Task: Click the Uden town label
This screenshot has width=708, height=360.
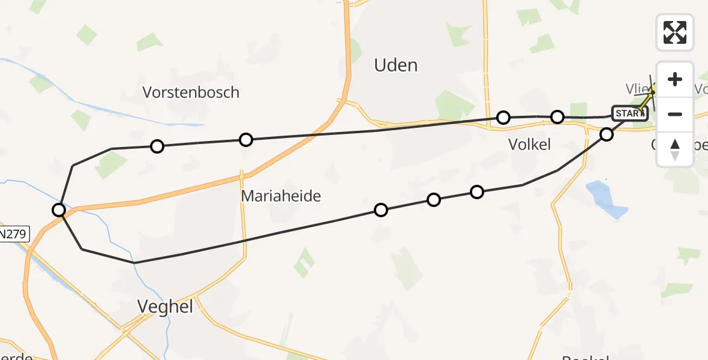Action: point(395,65)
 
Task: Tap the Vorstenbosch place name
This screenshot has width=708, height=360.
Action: point(191,92)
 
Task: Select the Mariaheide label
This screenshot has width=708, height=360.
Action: point(281,196)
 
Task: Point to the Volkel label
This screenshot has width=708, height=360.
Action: point(529,144)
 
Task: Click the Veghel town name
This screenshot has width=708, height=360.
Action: point(165,307)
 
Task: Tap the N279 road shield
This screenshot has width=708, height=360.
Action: point(13,234)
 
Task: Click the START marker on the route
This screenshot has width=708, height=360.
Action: point(629,113)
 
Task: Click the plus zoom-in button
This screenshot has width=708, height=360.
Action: point(675,79)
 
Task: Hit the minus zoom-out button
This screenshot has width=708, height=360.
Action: point(675,114)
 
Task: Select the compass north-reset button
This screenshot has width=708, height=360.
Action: point(675,149)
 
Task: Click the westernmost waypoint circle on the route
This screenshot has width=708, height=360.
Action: point(59,209)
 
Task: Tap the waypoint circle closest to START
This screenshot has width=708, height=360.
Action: point(607,134)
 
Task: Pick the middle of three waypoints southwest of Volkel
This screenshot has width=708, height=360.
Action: point(433,199)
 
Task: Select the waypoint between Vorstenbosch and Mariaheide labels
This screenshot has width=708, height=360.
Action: point(245,140)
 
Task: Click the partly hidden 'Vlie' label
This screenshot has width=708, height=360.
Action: point(637,89)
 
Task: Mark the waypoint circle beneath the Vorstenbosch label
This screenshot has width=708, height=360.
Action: point(157,146)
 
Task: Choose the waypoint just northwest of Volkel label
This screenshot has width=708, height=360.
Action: point(503,117)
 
